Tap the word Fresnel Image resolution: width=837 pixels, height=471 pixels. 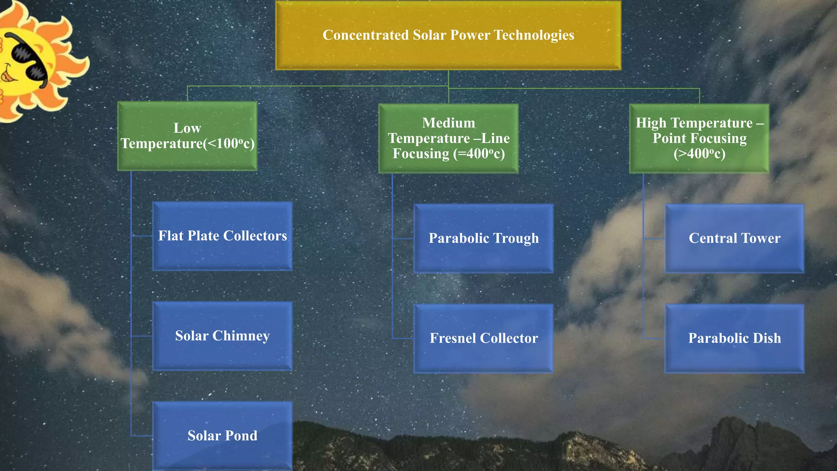point(453,338)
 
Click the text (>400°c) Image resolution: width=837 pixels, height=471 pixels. point(699,154)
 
